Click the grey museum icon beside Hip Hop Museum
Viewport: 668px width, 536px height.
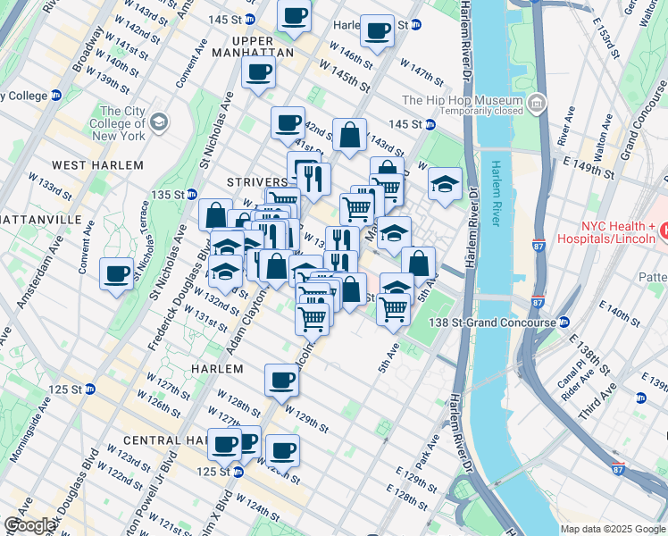(x=538, y=106)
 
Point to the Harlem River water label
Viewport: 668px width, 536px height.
(x=493, y=196)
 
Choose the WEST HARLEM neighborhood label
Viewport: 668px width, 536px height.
(x=97, y=165)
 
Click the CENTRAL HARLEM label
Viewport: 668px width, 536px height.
(x=166, y=440)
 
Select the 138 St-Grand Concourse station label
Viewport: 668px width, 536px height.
(x=497, y=322)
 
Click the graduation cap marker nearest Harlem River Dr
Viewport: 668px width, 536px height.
(x=445, y=184)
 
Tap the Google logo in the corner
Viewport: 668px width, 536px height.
(x=30, y=525)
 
